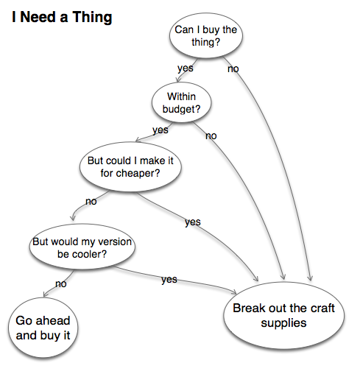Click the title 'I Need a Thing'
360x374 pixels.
point(62,18)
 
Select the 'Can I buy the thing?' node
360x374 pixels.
point(206,35)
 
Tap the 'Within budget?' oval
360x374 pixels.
point(181,102)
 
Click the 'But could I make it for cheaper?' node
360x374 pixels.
point(130,166)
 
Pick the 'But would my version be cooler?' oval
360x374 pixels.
point(82,247)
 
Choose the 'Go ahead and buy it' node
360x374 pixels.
point(43,328)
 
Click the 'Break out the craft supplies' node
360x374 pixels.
point(283,315)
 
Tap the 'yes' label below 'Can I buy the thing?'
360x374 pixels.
point(186,68)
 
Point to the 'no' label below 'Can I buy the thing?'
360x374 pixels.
point(233,69)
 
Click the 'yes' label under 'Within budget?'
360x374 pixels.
point(160,130)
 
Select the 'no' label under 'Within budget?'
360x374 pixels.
point(211,135)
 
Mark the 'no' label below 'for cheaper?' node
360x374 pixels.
point(91,202)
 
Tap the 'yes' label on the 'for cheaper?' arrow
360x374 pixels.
point(193,222)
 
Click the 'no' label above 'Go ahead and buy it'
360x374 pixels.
point(61,284)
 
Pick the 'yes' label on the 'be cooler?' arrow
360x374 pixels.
point(169,280)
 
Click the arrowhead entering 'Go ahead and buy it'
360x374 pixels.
point(45,294)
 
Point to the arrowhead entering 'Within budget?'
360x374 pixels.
point(177,80)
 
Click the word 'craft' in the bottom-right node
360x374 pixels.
point(321,308)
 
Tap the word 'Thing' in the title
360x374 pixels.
point(92,18)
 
